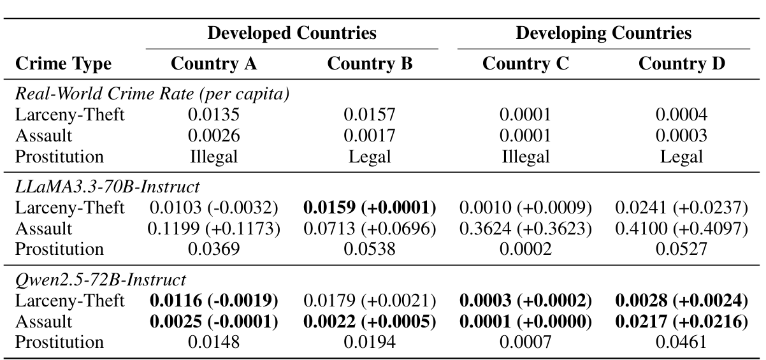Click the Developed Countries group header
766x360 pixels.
(293, 33)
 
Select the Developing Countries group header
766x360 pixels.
(603, 33)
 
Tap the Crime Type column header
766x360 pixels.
(63, 64)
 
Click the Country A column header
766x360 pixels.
(214, 64)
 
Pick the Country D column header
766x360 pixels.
(681, 64)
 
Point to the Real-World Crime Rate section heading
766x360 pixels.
(153, 94)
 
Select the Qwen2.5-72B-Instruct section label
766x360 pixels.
(100, 280)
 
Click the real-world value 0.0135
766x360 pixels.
(214, 115)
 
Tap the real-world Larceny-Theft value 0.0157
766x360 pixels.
(370, 115)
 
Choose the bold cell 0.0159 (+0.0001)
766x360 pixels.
(370, 208)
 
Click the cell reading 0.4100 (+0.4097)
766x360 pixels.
(681, 229)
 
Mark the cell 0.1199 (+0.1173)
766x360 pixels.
(214, 229)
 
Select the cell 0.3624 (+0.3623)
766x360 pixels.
(525, 229)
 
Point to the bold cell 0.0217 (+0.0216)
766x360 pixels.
(681, 322)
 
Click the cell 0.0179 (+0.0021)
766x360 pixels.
(370, 301)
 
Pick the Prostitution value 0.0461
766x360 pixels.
(681, 342)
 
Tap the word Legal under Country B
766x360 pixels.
(370, 157)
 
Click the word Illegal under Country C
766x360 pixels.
(525, 157)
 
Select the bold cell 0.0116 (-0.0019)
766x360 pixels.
(214, 301)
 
